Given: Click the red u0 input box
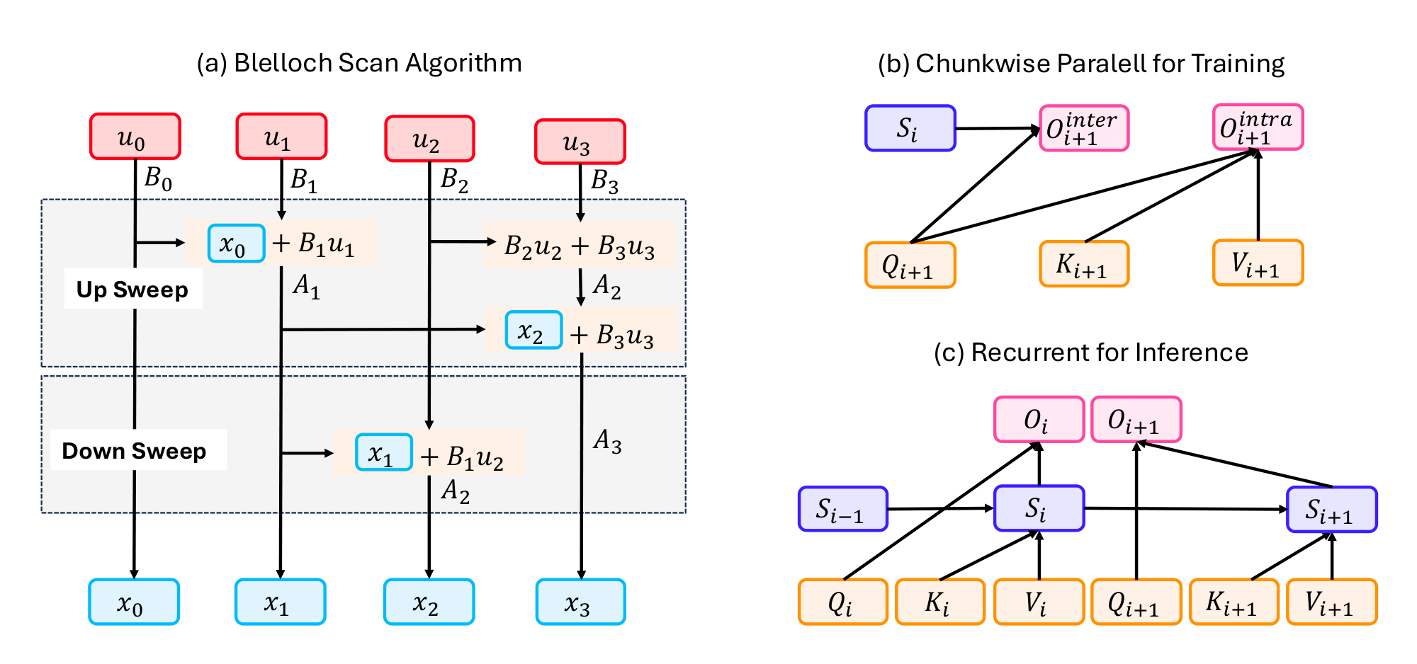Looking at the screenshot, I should [135, 137].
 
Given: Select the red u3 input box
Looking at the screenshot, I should [580, 142].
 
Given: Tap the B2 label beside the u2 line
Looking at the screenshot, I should [454, 181].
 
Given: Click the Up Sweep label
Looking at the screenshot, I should [132, 290].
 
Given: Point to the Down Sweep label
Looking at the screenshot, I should [134, 451].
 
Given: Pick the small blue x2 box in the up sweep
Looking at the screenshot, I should [534, 331].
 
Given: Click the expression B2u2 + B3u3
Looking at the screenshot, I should [580, 246].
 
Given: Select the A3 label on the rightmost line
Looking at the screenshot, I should [607, 442].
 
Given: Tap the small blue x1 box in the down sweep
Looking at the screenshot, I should [383, 453].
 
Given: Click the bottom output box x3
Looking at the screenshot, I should [580, 602].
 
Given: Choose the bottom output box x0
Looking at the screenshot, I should [134, 602].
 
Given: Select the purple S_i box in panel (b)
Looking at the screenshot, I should [910, 129].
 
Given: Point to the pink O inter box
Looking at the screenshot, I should [1083, 129].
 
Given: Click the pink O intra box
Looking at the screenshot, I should [1258, 127].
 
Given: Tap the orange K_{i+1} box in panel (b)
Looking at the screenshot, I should [1083, 264].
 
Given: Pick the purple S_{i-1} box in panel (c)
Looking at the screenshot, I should [842, 509].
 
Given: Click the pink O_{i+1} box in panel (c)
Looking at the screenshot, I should [1136, 420].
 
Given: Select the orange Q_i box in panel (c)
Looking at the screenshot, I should [842, 602].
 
